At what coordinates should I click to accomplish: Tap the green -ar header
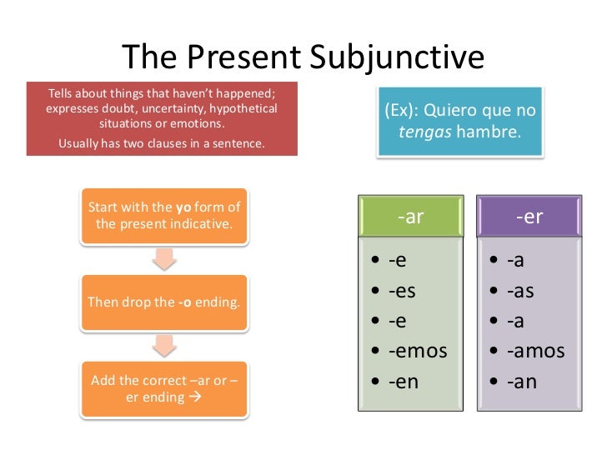[411, 217]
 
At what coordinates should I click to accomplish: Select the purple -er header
[529, 217]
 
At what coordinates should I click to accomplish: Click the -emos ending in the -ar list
[418, 351]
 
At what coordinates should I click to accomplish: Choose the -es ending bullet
[403, 291]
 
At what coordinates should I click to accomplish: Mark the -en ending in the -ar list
[404, 381]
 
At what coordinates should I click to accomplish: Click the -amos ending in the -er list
[535, 351]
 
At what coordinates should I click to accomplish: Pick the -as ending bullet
[520, 291]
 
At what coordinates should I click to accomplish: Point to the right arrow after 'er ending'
[197, 397]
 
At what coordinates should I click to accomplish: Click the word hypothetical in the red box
[244, 108]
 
